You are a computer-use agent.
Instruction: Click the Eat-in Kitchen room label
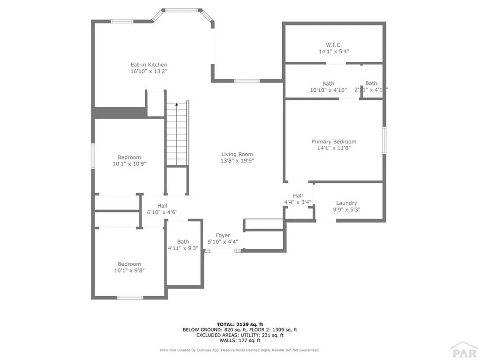tap(149, 65)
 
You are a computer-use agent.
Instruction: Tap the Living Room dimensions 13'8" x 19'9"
tap(237, 161)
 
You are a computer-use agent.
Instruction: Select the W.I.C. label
tap(334, 45)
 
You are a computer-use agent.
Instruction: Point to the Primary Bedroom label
tap(334, 142)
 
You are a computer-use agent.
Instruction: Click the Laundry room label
tap(346, 203)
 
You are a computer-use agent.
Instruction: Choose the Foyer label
tap(223, 235)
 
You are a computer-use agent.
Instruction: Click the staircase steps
tap(176, 138)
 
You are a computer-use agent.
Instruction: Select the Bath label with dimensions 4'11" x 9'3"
tap(183, 242)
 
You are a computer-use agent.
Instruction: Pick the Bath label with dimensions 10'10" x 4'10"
tap(328, 83)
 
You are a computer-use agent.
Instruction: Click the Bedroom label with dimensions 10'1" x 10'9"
tap(129, 157)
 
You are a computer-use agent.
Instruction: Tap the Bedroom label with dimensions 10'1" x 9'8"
tap(129, 264)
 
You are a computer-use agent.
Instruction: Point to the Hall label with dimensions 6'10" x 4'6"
tap(162, 206)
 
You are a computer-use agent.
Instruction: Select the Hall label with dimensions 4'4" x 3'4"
tap(298, 196)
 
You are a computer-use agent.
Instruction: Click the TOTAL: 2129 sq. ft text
tap(240, 324)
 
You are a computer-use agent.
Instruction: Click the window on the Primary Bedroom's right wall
tap(384, 140)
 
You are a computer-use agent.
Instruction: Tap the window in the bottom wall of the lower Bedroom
tap(130, 297)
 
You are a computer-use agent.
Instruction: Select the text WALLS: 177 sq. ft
tap(240, 341)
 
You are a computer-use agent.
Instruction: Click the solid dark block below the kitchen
tap(120, 113)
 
